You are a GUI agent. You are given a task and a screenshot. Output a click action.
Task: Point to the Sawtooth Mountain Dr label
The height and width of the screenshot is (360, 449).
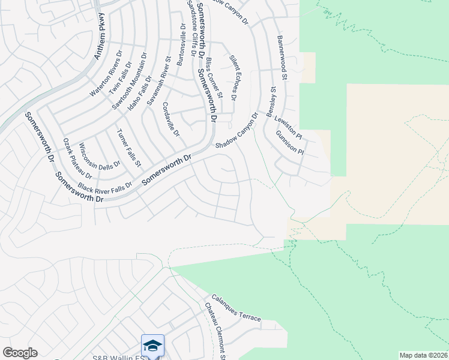tap(129, 83)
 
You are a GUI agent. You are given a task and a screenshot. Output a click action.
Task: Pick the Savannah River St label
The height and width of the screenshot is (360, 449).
tap(159, 82)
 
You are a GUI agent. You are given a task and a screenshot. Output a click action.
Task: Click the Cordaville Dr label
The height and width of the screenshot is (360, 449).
tap(171, 118)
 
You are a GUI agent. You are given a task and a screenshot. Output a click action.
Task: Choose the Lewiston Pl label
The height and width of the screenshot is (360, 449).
tap(288, 127)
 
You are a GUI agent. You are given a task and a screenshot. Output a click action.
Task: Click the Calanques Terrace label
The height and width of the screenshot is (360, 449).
tap(235, 308)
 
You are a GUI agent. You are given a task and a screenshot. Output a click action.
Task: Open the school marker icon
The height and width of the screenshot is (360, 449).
tap(152, 346)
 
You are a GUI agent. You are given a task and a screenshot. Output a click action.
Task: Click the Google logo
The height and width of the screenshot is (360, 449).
tap(20, 353)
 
